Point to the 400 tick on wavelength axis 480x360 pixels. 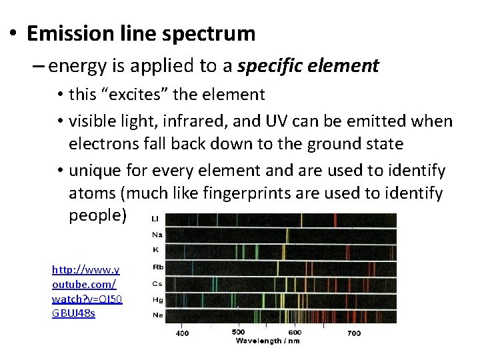pyautogui.click(x=181, y=332)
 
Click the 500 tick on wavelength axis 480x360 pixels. pyautogui.click(x=238, y=332)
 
